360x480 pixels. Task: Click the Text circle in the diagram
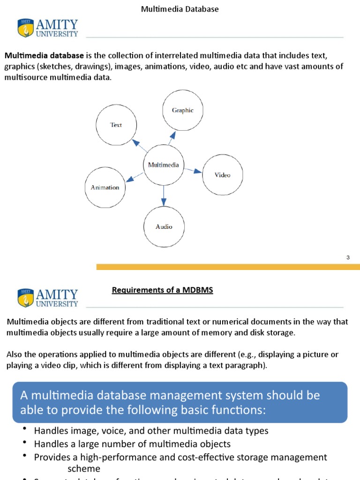coord(116,125)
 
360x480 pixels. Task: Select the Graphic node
coord(182,110)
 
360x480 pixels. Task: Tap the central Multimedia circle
coord(163,165)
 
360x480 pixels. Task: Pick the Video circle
coord(223,175)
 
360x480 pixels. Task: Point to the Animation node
coord(105,187)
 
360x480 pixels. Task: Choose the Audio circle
coord(164,226)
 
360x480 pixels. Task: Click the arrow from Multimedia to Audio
coord(164,195)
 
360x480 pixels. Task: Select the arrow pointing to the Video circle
coord(193,171)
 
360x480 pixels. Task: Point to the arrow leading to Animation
coord(135,177)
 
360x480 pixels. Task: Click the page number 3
coord(348,257)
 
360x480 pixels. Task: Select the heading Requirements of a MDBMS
coord(162,290)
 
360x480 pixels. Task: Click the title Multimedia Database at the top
coord(180,9)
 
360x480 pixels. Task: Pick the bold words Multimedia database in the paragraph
coord(45,55)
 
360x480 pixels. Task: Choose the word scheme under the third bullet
coord(84,468)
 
